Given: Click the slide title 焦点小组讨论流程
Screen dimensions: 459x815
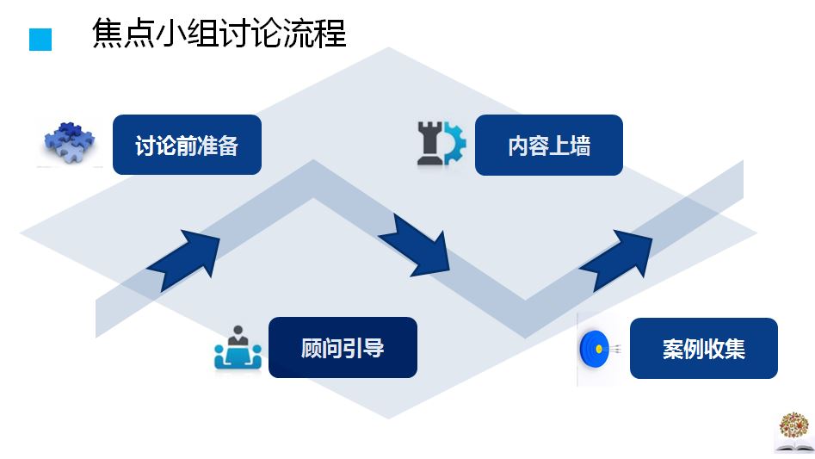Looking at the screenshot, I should coord(219,35).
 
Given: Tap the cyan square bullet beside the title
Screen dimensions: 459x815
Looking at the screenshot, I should coord(40,40).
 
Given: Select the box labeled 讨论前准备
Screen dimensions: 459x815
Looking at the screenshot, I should coord(187,145).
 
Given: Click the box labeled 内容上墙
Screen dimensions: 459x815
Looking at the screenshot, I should coord(548,145).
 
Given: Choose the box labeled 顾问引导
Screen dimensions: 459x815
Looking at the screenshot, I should coord(343,347).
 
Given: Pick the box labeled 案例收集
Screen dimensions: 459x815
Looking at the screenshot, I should coord(703,348).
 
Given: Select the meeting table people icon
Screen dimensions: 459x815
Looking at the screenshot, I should coord(237,348).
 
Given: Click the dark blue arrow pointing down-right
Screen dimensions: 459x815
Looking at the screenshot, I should coord(418,245).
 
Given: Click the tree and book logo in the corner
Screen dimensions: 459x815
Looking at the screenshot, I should coord(792,431).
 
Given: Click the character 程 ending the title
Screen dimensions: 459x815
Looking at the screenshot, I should coord(330,35).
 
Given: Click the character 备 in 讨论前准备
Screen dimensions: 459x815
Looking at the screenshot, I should coord(227,146).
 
